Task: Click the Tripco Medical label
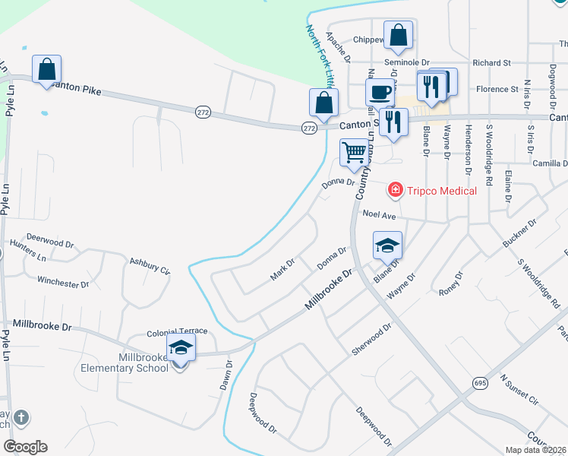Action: click(442, 190)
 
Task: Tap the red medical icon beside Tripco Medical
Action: click(395, 189)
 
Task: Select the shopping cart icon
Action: click(354, 153)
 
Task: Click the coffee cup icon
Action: click(380, 93)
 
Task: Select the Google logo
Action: click(25, 447)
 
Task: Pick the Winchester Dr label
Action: click(63, 283)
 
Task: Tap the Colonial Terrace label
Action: click(172, 332)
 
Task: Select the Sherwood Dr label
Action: click(371, 339)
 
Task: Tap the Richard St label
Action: click(491, 63)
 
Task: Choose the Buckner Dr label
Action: click(519, 233)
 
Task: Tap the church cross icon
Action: click(21, 417)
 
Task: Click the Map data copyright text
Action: click(537, 450)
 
